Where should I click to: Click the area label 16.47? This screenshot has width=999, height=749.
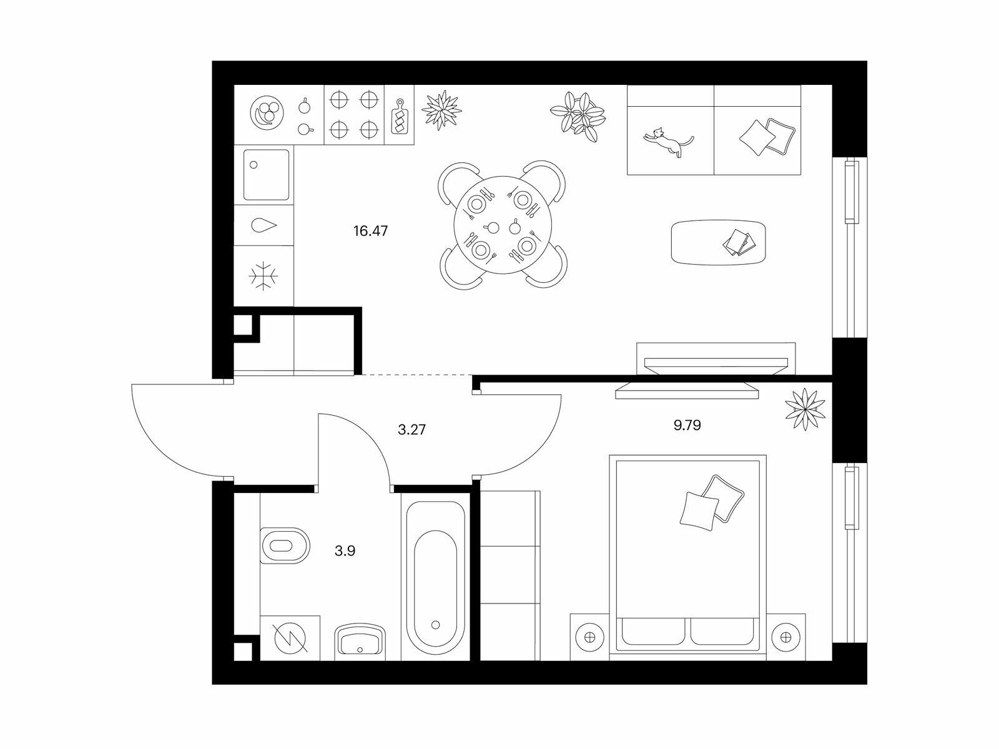(x=370, y=231)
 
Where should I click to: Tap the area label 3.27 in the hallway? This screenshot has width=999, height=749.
(x=411, y=429)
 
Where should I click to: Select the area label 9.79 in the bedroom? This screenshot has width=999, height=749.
(x=687, y=425)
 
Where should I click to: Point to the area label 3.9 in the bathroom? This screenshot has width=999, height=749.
(x=345, y=551)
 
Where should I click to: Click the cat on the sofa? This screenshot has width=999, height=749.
(x=669, y=142)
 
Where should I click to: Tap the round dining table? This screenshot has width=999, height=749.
(x=503, y=225)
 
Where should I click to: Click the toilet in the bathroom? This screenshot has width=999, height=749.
(x=285, y=546)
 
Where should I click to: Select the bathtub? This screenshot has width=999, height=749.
(x=436, y=577)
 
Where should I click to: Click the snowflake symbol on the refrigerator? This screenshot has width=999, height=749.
(x=263, y=276)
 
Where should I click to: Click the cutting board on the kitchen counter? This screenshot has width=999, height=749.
(x=400, y=117)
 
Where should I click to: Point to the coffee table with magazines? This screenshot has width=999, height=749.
(x=719, y=242)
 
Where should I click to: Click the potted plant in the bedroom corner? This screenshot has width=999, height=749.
(x=805, y=409)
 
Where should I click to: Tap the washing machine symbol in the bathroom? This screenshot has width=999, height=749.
(x=290, y=637)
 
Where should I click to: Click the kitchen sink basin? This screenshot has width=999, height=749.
(x=266, y=175)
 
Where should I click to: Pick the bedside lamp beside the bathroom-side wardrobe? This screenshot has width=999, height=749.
(x=589, y=637)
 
